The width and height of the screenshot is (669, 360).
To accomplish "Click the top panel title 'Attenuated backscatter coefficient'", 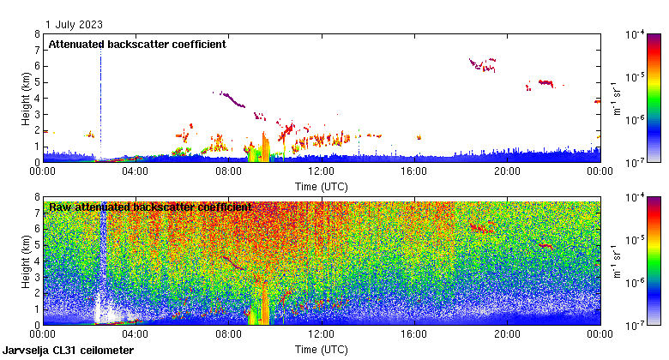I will coord(137,45).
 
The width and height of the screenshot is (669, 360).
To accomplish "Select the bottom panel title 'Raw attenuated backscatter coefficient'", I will coord(150,207).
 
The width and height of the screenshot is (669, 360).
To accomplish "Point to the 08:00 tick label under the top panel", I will coord(228,171).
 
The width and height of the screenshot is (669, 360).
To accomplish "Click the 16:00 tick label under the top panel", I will coord(413,171).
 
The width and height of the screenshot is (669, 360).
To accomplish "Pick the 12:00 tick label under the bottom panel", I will coord(321,333).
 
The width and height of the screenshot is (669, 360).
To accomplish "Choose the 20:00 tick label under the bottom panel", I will coord(506,333).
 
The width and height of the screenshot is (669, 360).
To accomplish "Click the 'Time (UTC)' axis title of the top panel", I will coord(322,185).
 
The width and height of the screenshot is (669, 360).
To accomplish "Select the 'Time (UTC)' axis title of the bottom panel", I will coord(322,349).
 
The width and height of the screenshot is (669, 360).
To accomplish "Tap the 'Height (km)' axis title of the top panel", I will coord(26,98).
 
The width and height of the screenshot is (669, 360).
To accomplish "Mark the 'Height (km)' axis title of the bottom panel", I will coord(26,261).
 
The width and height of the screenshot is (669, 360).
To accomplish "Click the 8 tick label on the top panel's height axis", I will coord(37,34).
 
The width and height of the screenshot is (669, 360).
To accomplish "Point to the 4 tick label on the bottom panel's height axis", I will coord(37,261).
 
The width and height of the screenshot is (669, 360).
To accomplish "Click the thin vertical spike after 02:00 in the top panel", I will coord(100,103).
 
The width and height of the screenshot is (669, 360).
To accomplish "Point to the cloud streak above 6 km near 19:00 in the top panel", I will coord(483,63).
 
